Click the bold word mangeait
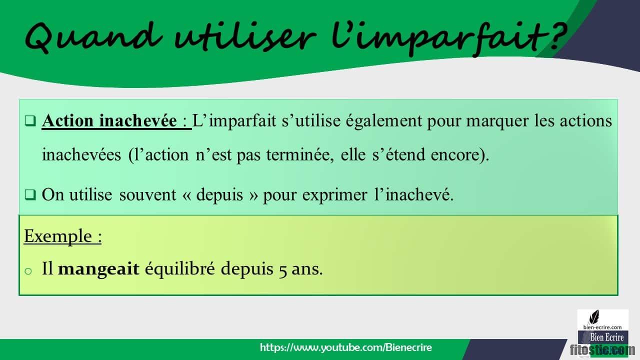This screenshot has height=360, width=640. click(98, 269)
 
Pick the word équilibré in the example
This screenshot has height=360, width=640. click(180, 269)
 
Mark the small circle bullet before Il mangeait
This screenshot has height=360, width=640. click(28, 270)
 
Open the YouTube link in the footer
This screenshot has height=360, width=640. click(346, 347)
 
